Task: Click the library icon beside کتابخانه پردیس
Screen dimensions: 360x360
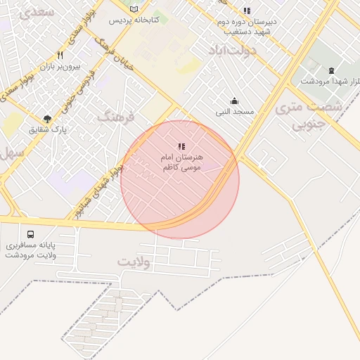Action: (134, 8)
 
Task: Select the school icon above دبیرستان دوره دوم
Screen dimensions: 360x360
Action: (246, 11)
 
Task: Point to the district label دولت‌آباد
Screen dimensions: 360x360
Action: (233, 51)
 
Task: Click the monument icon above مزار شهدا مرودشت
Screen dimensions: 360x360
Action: (331, 70)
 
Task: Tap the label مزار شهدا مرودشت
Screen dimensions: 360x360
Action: (330, 81)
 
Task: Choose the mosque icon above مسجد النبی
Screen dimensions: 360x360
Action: (234, 101)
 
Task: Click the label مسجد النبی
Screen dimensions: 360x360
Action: (235, 111)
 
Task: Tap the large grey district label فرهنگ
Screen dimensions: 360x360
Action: (115, 116)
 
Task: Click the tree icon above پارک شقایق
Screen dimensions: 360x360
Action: (47, 119)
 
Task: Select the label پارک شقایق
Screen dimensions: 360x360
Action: (47, 130)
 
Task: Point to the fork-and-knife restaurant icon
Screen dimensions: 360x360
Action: (60, 55)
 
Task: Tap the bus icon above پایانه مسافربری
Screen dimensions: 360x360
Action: (30, 234)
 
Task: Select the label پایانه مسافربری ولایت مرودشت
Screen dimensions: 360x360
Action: (31, 250)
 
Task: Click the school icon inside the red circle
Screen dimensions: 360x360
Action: (181, 146)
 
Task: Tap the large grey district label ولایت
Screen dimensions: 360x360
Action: (134, 262)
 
